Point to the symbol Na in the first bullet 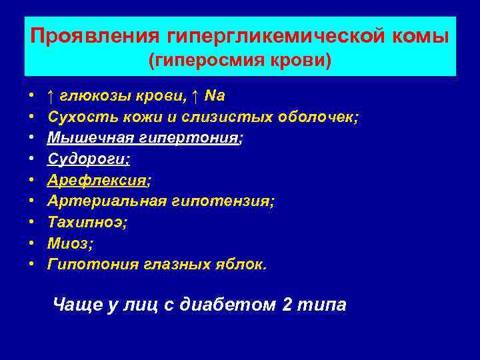pos(215,96)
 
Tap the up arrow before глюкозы pos(51,96)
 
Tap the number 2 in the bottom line pos(287,305)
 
